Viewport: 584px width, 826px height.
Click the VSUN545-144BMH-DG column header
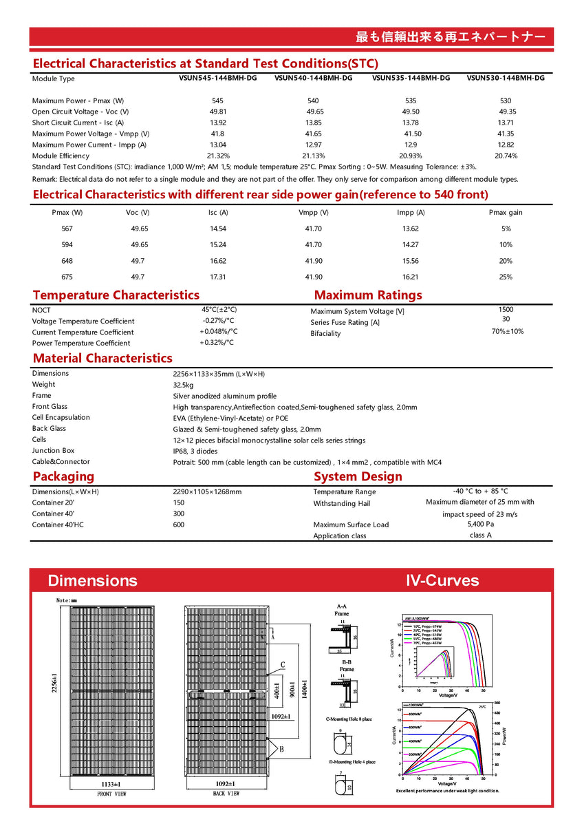pyautogui.click(x=217, y=78)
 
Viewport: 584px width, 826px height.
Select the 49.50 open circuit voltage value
pyautogui.click(x=411, y=112)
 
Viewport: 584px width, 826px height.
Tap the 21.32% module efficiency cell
pyautogui.click(x=218, y=156)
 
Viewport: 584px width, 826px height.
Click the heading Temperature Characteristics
pyautogui.click(x=116, y=295)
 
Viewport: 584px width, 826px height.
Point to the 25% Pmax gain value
pyautogui.click(x=506, y=277)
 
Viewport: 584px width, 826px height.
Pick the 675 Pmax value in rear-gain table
pyautogui.click(x=67, y=277)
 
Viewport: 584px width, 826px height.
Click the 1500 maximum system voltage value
pyautogui.click(x=506, y=310)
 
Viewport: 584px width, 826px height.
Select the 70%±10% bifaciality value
pyautogui.click(x=507, y=332)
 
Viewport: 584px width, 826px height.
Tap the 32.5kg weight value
pyautogui.click(x=183, y=385)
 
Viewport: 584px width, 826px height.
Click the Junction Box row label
pyautogui.click(x=54, y=451)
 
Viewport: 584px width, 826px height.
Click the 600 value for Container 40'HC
pyautogui.click(x=179, y=525)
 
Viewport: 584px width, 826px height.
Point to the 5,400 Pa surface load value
pyautogui.click(x=480, y=525)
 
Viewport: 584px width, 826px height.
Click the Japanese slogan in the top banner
pyautogui.click(x=451, y=36)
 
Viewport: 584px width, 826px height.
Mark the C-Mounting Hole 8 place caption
pyautogui.click(x=349, y=719)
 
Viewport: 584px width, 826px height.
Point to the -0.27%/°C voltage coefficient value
pyautogui.click(x=218, y=321)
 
